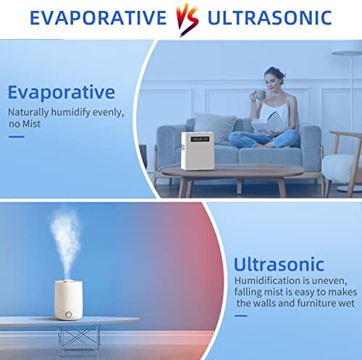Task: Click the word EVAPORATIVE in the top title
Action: click(98, 17)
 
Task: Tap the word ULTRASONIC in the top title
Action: click(269, 17)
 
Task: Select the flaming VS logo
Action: click(188, 19)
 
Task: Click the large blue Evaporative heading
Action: click(62, 92)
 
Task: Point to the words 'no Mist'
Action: click(25, 124)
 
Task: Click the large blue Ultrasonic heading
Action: click(279, 264)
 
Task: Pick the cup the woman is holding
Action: click(259, 95)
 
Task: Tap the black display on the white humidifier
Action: click(200, 139)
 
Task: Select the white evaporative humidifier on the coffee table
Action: click(198, 151)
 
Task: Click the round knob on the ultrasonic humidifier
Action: click(69, 314)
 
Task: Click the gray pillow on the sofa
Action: click(214, 128)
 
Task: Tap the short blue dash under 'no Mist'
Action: click(17, 137)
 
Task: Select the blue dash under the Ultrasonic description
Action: click(241, 316)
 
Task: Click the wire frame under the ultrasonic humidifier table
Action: click(78, 338)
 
